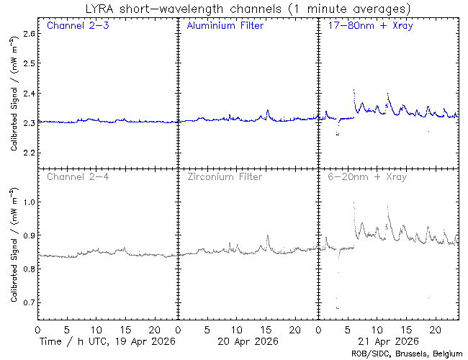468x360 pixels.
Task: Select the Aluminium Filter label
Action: coord(225,26)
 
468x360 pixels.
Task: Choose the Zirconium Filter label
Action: coord(224,176)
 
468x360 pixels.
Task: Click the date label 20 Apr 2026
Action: coord(247,341)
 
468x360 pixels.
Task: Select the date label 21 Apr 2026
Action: coord(387,341)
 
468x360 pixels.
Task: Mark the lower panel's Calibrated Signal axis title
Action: coord(14,245)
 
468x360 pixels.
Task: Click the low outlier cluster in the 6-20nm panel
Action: coord(338,307)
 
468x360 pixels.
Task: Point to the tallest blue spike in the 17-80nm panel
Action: coord(354,91)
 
